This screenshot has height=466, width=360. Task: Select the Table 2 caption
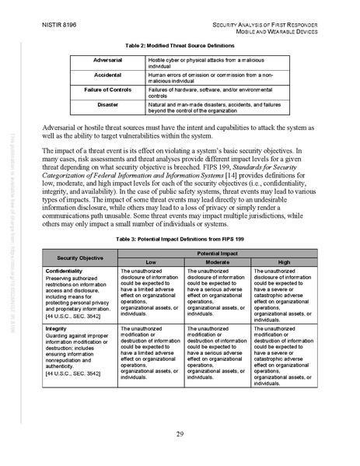(180, 46)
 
